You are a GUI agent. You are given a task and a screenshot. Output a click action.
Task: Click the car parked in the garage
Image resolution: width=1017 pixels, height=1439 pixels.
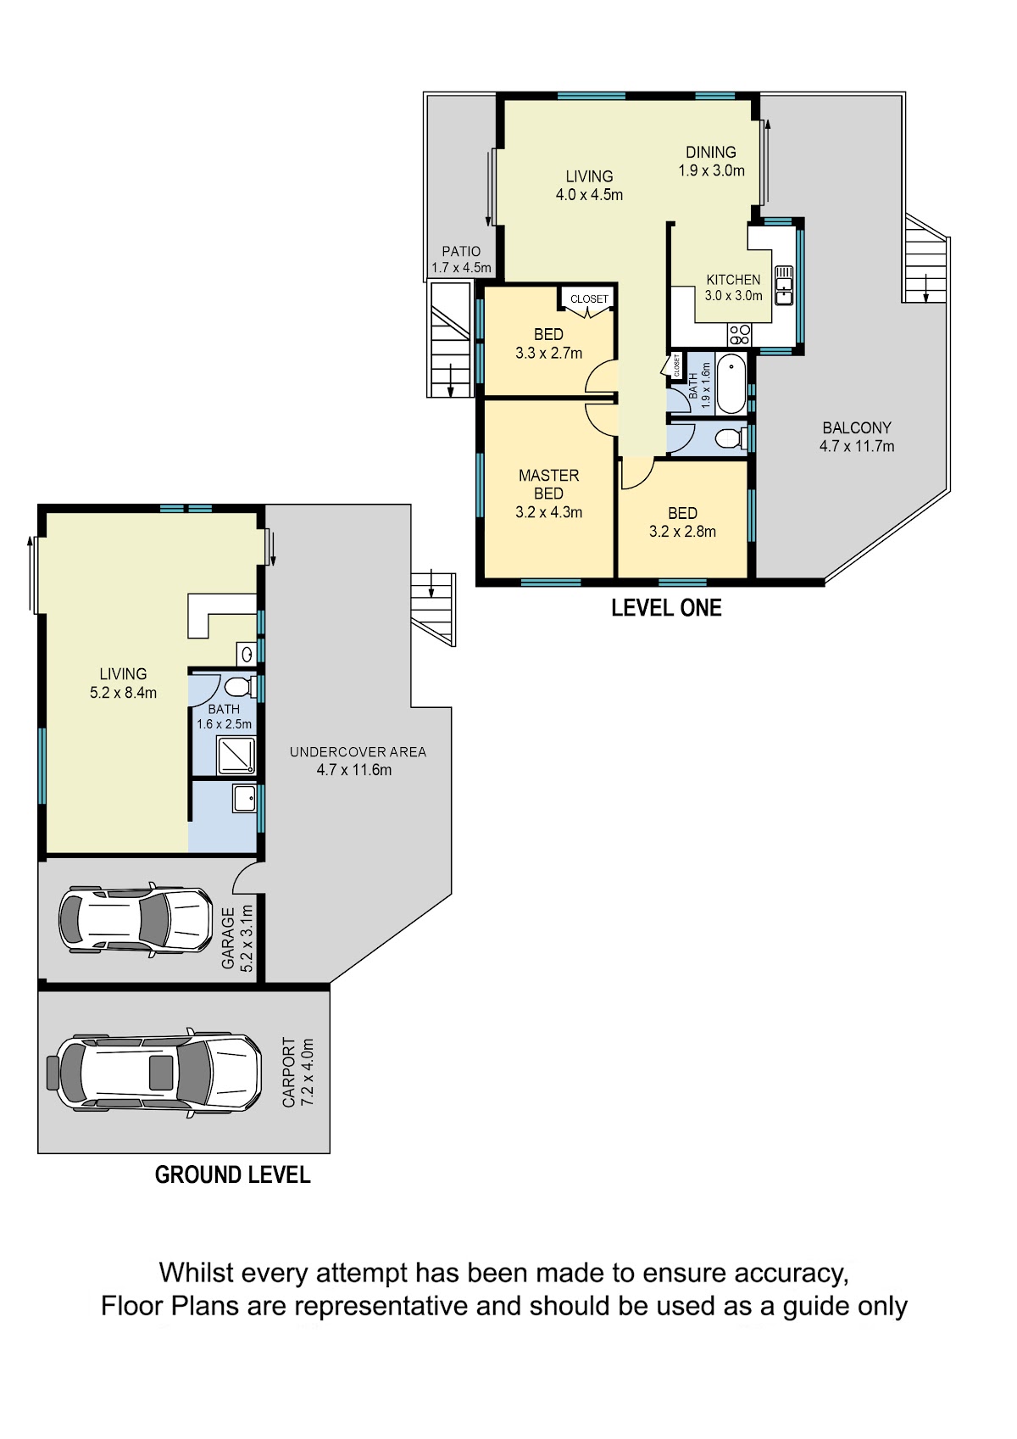tap(135, 921)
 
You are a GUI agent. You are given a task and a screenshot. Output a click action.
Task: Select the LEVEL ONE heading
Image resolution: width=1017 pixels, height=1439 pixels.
tap(666, 608)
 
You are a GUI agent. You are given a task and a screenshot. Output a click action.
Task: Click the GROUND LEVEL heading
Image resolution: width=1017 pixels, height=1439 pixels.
tap(232, 1175)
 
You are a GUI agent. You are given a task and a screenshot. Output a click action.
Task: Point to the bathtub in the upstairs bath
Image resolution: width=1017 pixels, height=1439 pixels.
tap(731, 383)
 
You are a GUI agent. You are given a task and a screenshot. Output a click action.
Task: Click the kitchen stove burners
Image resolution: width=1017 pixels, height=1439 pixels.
tap(739, 335)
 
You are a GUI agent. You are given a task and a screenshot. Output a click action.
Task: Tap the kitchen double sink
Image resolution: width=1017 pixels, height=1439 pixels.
tap(784, 285)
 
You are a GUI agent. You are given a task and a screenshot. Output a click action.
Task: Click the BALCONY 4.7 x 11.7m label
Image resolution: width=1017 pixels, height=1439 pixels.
tap(857, 437)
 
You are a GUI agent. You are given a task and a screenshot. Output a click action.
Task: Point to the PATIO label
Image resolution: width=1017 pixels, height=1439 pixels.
tap(461, 251)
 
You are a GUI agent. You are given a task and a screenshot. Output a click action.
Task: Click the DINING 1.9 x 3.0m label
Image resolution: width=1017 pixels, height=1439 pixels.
tap(711, 161)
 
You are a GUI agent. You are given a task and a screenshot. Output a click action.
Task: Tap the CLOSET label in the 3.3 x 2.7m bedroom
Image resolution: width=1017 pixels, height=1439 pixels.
tap(589, 298)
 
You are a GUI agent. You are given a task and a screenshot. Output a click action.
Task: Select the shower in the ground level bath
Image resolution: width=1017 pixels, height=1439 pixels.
tap(236, 756)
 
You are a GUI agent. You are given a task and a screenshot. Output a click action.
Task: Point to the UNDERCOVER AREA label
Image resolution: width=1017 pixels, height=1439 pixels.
tap(358, 751)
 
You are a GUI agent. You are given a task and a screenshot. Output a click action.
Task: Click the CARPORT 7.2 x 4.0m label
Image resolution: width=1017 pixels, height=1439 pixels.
tap(298, 1072)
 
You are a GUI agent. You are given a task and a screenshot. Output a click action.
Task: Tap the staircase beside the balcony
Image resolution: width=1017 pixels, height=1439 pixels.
tap(924, 259)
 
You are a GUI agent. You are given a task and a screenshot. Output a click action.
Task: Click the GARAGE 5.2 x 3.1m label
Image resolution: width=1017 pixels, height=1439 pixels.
tap(237, 938)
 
